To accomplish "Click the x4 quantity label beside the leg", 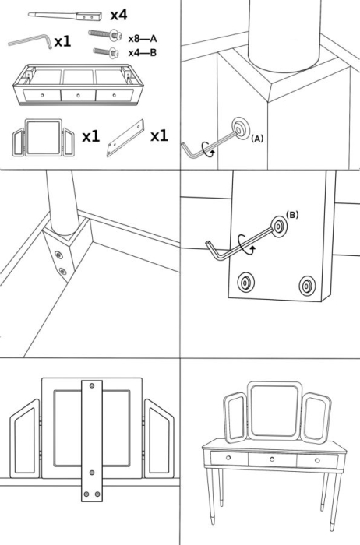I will pyautogui.click(x=119, y=15).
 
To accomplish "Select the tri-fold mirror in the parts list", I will pyautogui.click(x=44, y=138).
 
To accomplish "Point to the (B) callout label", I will pyautogui.click(x=292, y=214).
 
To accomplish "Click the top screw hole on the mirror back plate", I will pyautogui.click(x=93, y=386).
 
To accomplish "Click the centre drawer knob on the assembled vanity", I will pyautogui.click(x=273, y=459).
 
